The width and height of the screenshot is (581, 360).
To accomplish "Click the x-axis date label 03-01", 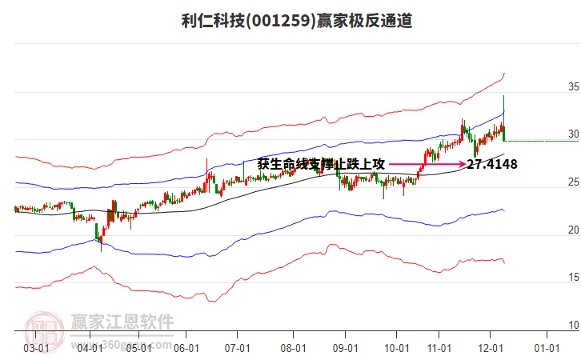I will coord(35,348).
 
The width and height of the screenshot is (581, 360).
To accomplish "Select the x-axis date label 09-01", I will coord(345,348).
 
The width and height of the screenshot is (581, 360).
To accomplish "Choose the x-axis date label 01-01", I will coord(547,348).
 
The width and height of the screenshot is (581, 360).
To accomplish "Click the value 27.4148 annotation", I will coord(491,165).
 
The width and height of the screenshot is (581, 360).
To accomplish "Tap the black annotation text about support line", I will coord(321,164).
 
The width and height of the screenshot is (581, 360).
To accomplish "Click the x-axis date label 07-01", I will coord(238,348).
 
